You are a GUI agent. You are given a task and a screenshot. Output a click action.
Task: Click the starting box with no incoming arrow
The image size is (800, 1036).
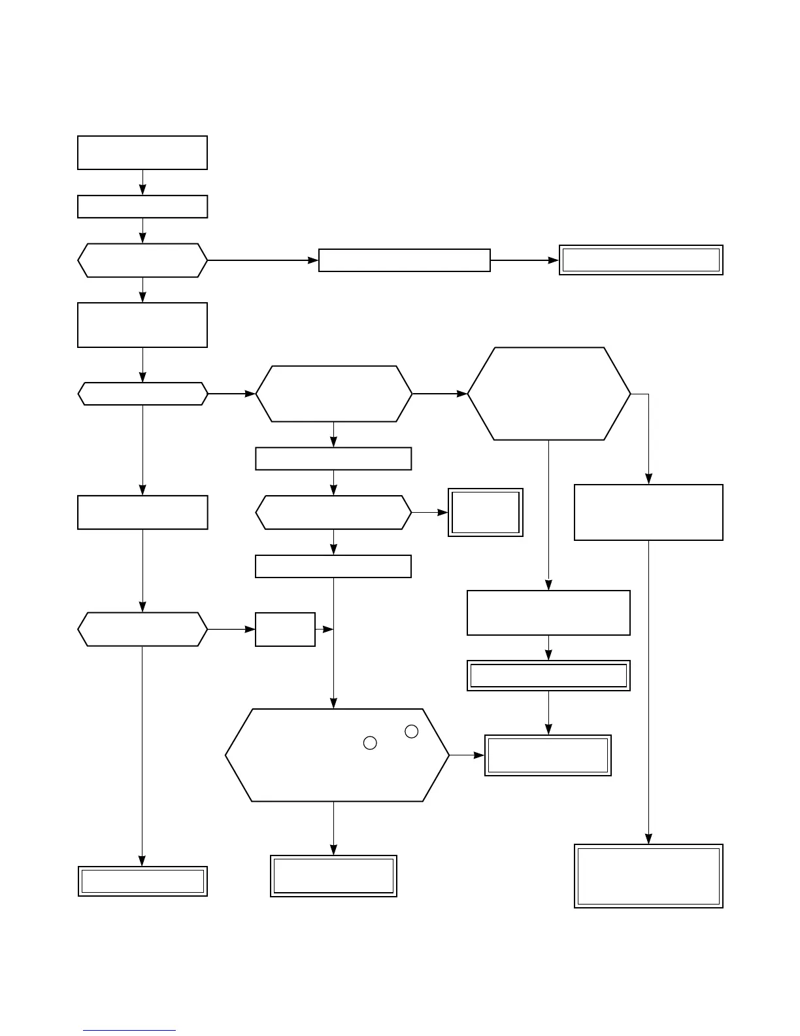142,152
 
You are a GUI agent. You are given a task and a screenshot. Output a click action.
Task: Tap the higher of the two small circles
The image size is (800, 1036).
411,732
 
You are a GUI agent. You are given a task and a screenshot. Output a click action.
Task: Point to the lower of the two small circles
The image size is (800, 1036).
370,743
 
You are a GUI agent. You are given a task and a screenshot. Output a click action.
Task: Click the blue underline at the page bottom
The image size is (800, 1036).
129,1031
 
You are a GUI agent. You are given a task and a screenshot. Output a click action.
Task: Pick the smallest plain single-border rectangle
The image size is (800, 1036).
285,629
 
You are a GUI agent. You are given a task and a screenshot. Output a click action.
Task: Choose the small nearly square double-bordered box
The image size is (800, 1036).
486,513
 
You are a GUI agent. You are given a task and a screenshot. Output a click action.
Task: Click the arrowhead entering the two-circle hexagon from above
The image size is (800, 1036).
334,704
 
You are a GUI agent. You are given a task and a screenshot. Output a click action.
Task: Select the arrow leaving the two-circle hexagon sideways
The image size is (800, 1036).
467,755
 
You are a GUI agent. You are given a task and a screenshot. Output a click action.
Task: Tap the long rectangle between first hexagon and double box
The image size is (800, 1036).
405,260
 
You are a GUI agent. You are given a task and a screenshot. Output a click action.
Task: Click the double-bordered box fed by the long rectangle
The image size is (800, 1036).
641,260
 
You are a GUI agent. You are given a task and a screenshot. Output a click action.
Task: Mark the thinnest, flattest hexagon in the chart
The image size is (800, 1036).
142,394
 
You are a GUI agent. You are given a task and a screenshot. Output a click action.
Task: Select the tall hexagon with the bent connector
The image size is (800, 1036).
549,394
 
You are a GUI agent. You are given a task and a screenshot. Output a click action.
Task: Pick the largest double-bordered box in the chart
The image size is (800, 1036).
648,876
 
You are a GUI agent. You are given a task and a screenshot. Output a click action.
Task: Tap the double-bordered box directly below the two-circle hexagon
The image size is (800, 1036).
334,876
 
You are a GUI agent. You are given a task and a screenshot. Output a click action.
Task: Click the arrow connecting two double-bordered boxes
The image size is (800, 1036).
548,713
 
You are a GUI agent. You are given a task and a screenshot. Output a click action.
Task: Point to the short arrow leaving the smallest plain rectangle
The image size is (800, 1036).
324,629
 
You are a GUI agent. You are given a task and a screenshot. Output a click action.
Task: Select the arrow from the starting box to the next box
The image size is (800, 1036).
142,182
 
